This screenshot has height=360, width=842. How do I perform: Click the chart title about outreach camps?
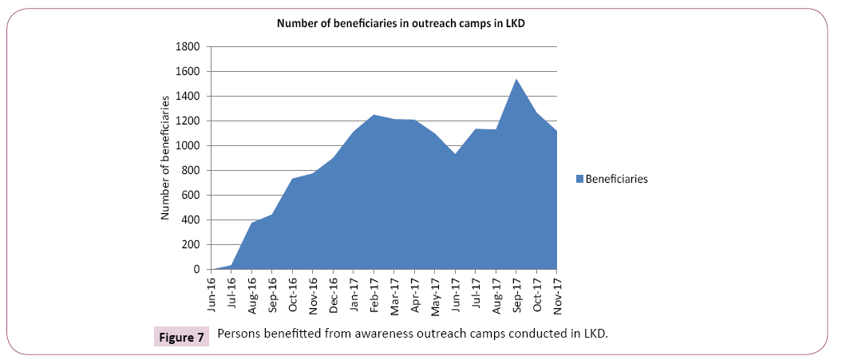tap(400, 23)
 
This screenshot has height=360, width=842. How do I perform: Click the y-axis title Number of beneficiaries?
tap(166, 156)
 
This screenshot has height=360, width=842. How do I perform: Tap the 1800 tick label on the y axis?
tap(189, 46)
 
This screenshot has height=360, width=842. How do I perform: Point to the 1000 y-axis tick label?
tap(189, 145)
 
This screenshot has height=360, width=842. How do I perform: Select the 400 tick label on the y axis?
tap(192, 220)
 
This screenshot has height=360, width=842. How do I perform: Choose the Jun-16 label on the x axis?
tap(211, 294)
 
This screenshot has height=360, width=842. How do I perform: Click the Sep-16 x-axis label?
tap(272, 294)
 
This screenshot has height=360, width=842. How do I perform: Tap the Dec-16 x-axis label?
tap(333, 294)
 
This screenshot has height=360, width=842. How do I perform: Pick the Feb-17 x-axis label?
tap(374, 294)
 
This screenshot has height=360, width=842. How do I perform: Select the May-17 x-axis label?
tap(435, 294)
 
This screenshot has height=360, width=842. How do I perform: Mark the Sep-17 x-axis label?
tap(516, 294)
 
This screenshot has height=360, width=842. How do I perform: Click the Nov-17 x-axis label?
tap(556, 294)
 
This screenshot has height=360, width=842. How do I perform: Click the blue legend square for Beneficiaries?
tap(579, 180)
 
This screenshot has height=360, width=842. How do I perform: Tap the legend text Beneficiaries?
tap(616, 180)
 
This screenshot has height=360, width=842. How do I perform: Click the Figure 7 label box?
tap(180, 335)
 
